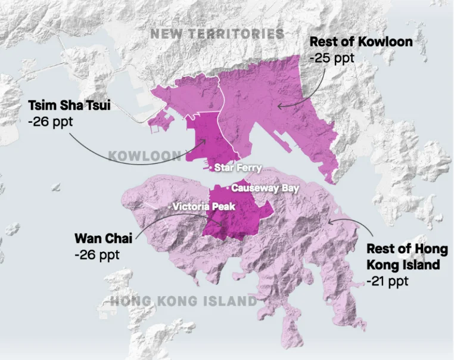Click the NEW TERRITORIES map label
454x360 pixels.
click(217, 34)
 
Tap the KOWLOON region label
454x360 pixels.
click(145, 156)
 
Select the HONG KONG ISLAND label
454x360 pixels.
click(184, 302)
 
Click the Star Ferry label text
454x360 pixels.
click(238, 168)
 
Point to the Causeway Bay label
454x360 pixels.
click(263, 188)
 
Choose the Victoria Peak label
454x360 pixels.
click(204, 207)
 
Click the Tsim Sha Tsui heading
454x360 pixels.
click(69, 105)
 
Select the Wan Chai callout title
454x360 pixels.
click(98, 238)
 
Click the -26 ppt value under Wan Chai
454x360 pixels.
click(97, 254)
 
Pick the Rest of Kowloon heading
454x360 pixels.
click(361, 42)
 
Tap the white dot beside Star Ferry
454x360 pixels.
click(211, 168)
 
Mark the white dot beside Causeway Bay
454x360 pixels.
click(228, 188)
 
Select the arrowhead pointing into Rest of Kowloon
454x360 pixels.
click(278, 106)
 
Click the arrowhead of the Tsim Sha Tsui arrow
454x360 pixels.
click(206, 141)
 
